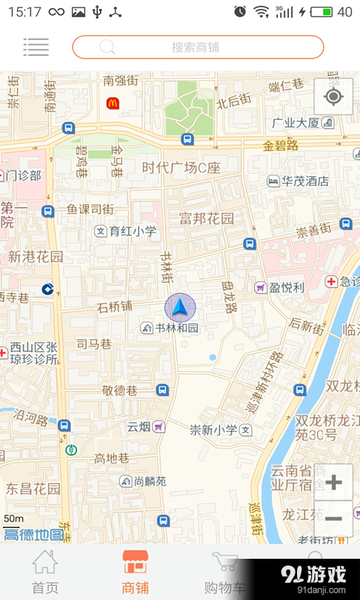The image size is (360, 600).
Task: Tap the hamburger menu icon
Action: coord(36,46)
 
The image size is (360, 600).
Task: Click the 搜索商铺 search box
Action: coord(198,46)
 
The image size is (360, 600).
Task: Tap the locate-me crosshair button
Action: coord(334,97)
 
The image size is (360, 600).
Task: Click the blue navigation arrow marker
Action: coord(180,307)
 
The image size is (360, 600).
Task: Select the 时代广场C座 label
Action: coord(181,167)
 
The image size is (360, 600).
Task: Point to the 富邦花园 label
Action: coord(206,219)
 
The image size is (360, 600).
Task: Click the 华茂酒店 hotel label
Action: coord(298,181)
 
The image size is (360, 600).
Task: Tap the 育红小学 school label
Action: coord(126,231)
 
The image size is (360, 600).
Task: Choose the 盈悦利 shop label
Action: coord(280,287)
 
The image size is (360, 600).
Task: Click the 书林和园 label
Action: coord(171,328)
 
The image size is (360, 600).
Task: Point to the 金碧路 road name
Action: coord(281,144)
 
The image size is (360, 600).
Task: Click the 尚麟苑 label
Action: coord(143,481)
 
